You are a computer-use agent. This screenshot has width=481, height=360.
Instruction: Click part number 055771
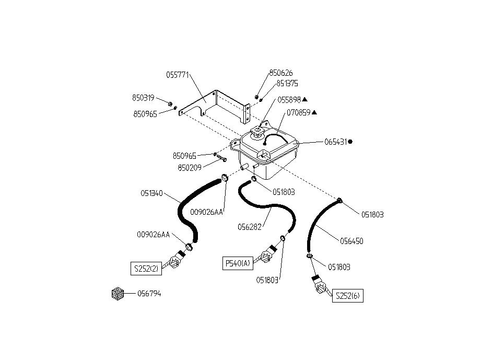178,75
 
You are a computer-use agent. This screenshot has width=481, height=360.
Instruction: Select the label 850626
281,73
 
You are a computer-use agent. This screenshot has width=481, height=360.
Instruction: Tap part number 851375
287,83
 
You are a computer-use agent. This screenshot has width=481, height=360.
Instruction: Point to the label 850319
143,98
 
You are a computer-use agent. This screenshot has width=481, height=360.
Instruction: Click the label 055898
289,99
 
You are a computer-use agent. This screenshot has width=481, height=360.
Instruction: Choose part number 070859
298,112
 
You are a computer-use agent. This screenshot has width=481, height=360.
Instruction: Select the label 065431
335,141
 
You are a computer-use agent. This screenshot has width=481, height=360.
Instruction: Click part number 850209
189,168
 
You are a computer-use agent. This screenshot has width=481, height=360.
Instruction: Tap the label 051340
151,193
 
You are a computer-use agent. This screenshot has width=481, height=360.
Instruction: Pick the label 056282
249,227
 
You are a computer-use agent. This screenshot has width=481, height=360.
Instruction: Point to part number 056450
351,241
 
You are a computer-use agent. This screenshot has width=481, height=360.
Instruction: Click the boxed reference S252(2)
146,269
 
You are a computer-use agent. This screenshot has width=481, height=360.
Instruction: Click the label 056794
149,294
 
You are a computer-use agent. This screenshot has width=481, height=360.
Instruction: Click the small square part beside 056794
117,294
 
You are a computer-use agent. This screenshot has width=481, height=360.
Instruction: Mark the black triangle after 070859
314,112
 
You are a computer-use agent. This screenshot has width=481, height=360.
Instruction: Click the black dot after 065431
350,141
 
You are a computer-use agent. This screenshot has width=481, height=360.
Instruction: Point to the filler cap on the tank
256,133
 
